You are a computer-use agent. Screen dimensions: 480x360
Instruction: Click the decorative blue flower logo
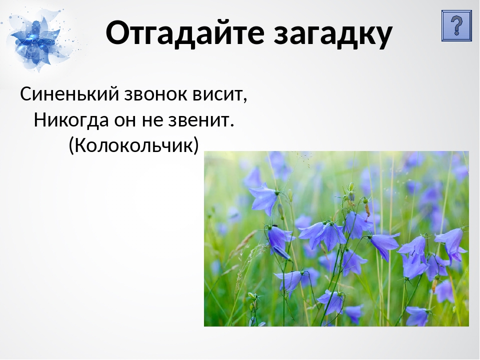click(36, 40)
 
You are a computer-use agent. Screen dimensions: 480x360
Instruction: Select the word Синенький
click(69, 94)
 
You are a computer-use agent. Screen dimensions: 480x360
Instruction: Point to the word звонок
click(155, 94)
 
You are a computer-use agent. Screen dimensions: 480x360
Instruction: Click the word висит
click(217, 94)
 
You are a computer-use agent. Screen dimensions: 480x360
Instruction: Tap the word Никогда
click(71, 119)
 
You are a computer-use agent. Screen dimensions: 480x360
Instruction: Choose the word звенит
click(198, 120)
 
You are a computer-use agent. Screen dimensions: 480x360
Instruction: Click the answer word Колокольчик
click(134, 145)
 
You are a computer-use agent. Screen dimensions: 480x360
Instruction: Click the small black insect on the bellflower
click(275, 225)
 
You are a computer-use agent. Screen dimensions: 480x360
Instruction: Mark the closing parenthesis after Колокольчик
click(196, 145)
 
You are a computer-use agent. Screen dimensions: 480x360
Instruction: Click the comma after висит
click(245, 100)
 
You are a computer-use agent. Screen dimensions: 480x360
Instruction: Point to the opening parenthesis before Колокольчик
click(71, 145)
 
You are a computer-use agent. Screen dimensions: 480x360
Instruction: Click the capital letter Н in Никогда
click(40, 119)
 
